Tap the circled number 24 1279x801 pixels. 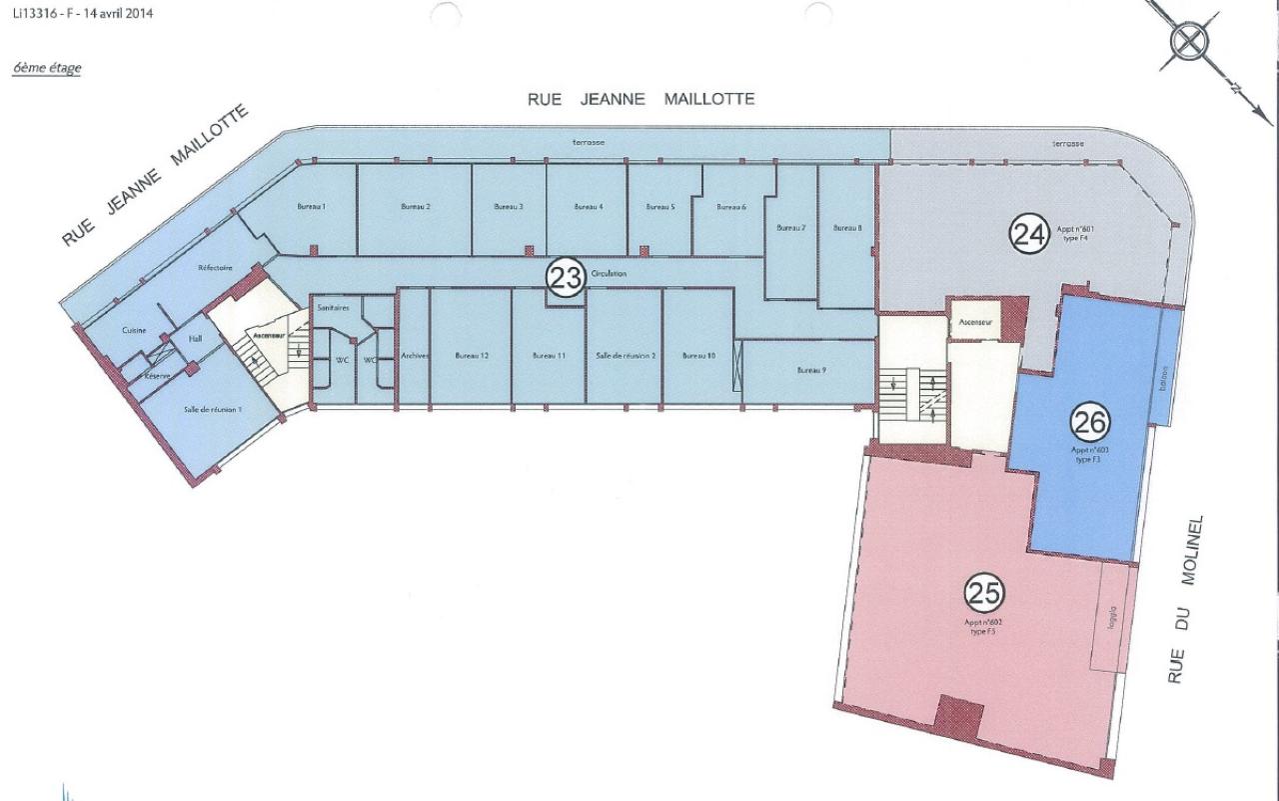(1027, 234)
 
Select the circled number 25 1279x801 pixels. (983, 594)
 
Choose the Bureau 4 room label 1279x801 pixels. (588, 207)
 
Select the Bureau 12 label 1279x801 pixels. (471, 355)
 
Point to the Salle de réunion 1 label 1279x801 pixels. (213, 410)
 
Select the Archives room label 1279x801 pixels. (414, 355)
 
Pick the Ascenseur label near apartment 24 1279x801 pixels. (974, 323)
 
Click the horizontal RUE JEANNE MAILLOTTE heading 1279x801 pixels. (640, 99)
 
